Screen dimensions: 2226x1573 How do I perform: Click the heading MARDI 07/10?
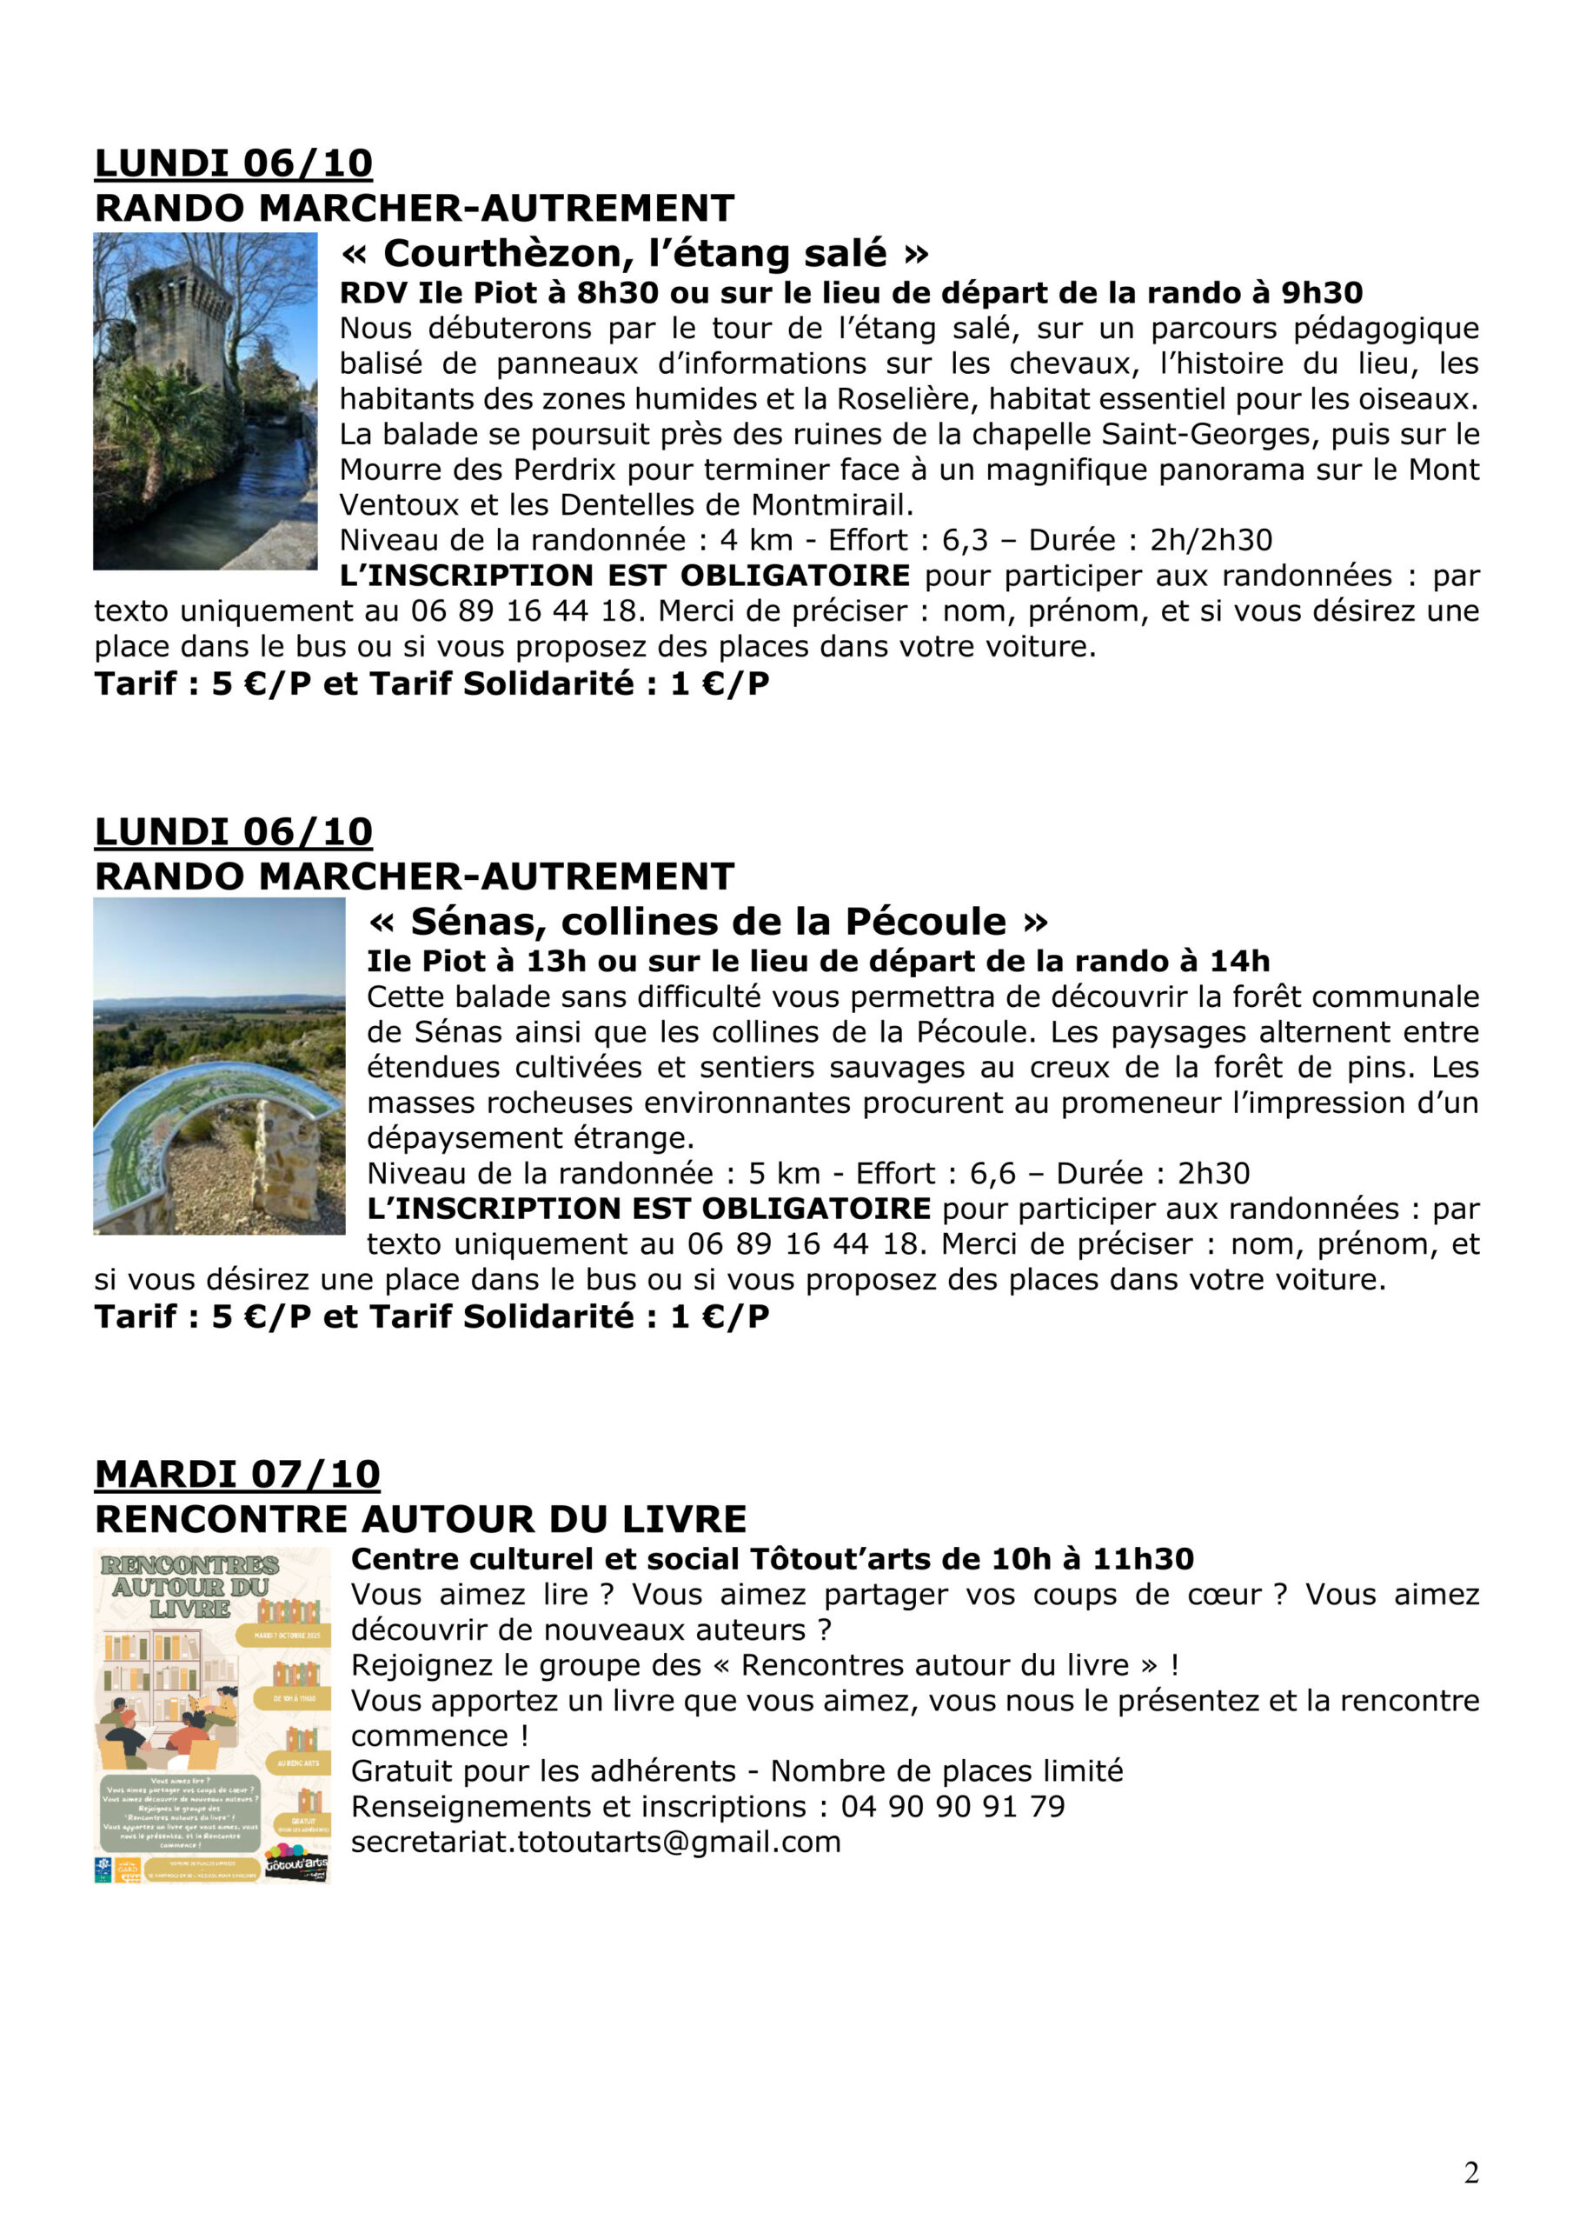(x=236, y=1475)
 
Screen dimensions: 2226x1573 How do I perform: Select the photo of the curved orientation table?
(x=219, y=1066)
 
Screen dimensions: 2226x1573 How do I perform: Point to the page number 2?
(x=1470, y=2173)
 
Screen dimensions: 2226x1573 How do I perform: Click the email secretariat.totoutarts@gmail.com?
(x=595, y=1842)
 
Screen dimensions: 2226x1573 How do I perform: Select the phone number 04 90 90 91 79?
(x=952, y=1806)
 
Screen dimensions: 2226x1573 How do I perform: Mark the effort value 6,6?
(x=992, y=1174)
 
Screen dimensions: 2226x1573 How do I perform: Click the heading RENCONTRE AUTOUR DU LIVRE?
(x=421, y=1519)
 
